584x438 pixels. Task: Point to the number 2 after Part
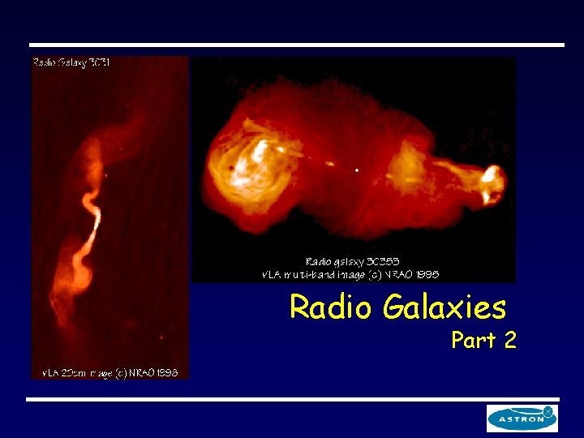pyautogui.click(x=509, y=341)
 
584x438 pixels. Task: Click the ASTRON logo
pyautogui.click(x=522, y=419)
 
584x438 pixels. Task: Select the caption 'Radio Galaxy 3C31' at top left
pyautogui.click(x=71, y=62)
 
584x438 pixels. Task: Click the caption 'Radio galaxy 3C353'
pyautogui.click(x=352, y=262)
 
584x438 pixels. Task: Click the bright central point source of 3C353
pyautogui.click(x=358, y=170)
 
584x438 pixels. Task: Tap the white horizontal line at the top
pyautogui.click(x=296, y=45)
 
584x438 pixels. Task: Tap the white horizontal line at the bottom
pyautogui.click(x=292, y=399)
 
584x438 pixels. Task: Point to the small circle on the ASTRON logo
pyautogui.click(x=549, y=411)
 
